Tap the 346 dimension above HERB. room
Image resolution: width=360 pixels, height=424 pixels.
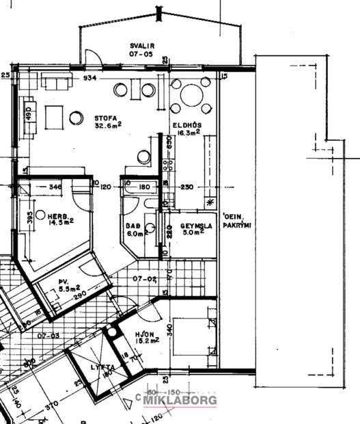(x=56, y=186)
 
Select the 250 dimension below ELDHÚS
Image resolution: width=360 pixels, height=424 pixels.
(x=187, y=186)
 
